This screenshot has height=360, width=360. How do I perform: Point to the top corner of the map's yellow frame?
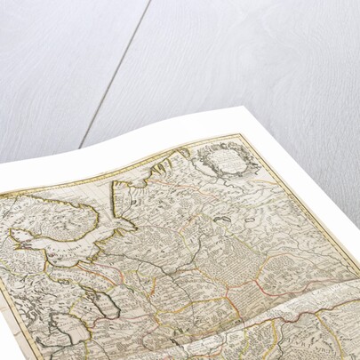pos(239,135)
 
